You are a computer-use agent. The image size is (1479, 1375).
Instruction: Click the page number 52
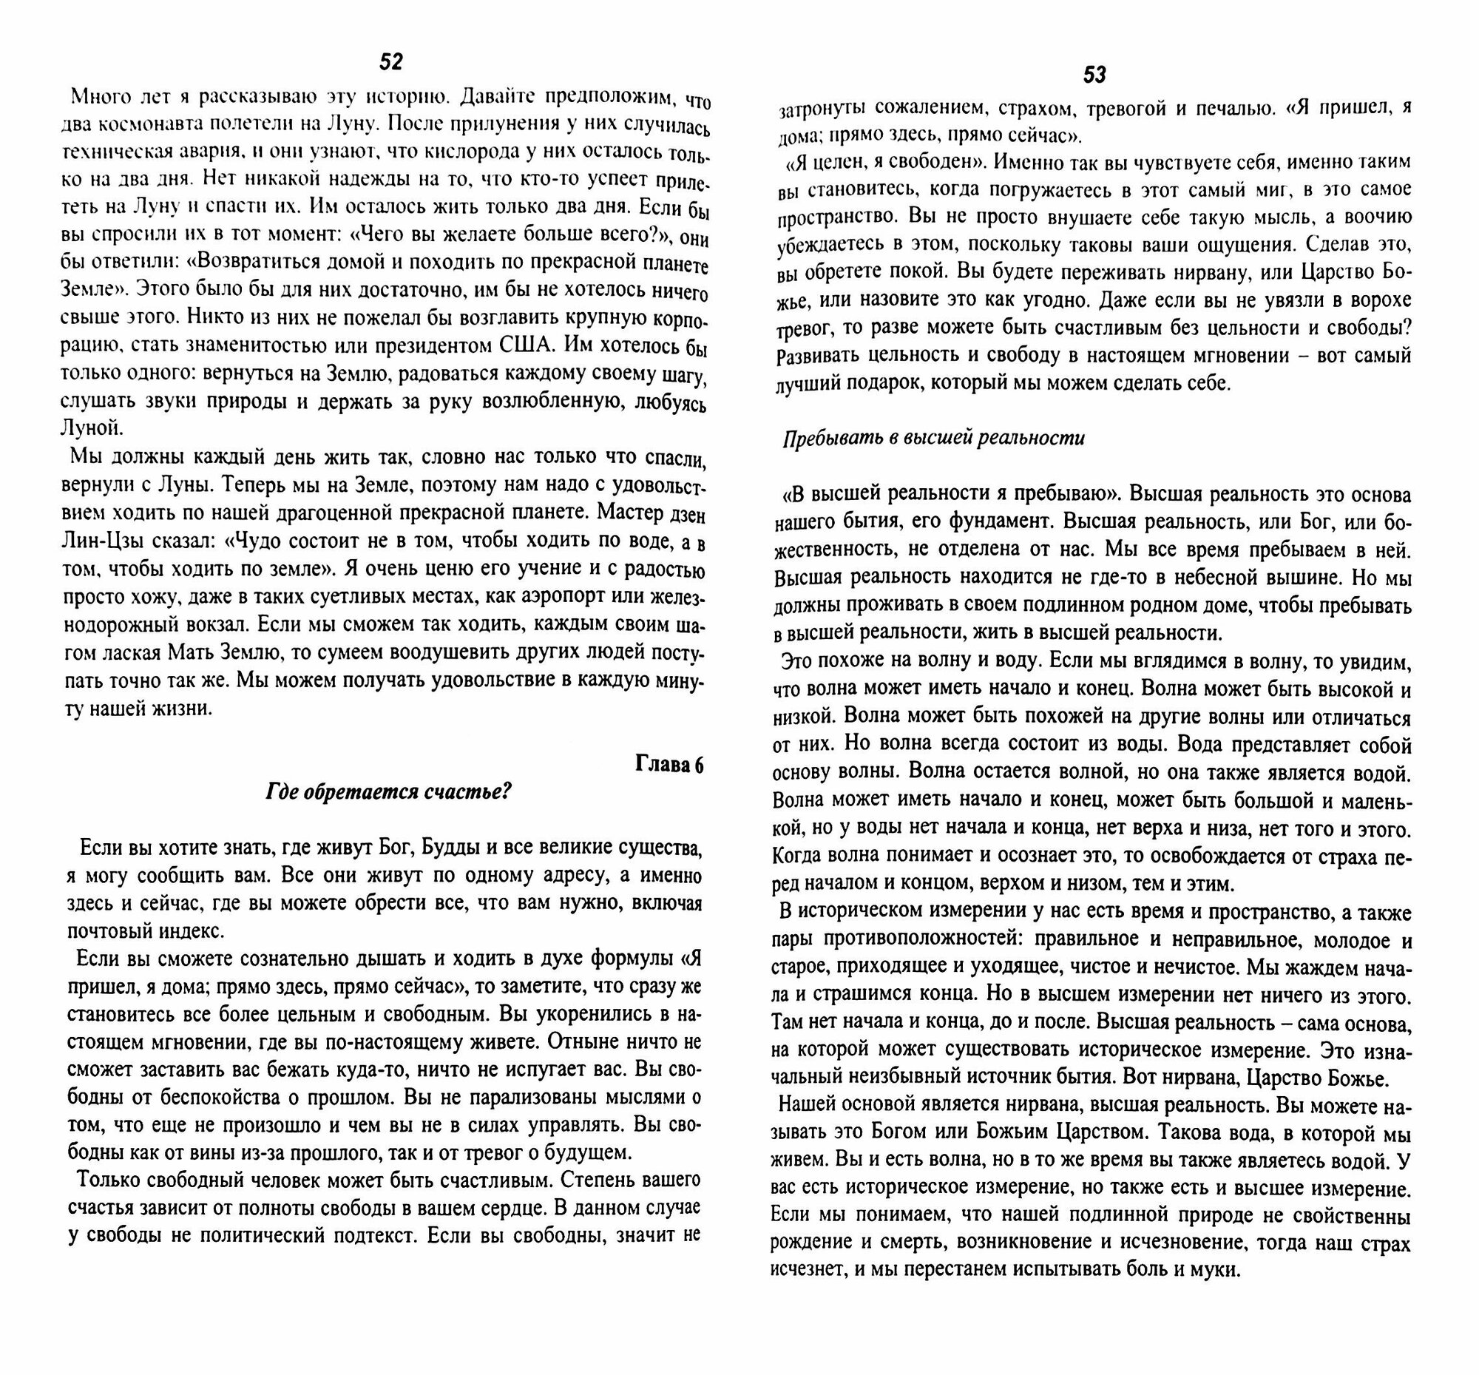point(390,62)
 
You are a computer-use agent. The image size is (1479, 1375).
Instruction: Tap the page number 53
point(1094,75)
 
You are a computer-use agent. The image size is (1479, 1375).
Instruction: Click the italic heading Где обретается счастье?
point(389,791)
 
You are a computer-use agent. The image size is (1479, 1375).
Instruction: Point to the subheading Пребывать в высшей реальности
point(933,439)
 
